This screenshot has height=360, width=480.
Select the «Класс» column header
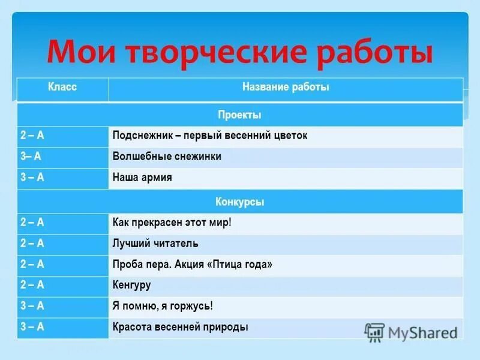pos(62,88)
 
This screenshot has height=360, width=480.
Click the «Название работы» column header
pos(286,88)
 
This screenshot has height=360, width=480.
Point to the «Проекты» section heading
pos(239,115)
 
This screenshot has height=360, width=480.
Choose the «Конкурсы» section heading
pos(239,202)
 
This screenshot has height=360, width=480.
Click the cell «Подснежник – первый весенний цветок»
pos(210,136)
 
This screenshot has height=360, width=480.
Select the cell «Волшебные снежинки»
pos(167,157)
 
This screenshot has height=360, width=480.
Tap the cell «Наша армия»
pos(142,178)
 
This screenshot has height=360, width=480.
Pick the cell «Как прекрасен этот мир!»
pos(172,223)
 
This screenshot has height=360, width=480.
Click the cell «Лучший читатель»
pos(155,244)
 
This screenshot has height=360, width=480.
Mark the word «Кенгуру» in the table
pos(132,285)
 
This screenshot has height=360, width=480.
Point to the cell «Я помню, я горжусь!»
pos(163,306)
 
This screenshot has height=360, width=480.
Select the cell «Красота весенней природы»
pos(180,328)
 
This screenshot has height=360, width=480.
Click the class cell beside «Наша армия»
pos(32,178)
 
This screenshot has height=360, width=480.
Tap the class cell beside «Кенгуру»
pos(32,285)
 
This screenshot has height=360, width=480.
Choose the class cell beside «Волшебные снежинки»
pos(31,157)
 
